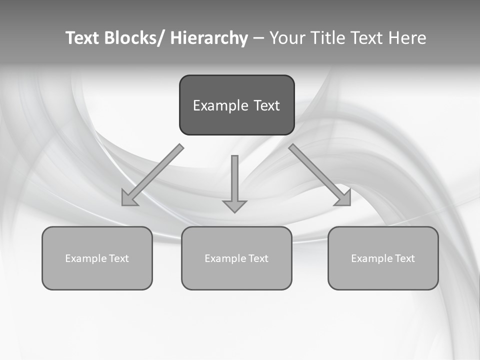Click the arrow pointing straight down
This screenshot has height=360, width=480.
pos(234,182)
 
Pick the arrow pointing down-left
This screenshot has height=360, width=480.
pos(152,175)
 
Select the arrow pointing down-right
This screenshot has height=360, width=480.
pos(320,175)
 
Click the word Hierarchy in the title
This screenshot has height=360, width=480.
pos(209,38)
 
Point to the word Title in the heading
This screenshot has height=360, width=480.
pos(328,38)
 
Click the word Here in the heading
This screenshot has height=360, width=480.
pos(408,38)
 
